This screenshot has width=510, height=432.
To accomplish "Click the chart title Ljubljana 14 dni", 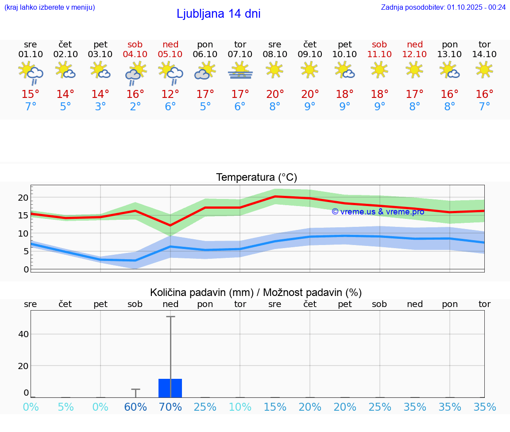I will point(218,14).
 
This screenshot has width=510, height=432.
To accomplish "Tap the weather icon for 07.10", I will point(240,70).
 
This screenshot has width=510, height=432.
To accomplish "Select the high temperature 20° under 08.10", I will point(275,94).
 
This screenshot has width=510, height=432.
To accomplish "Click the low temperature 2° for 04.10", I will point(135,107).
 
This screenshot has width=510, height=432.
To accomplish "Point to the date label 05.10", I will point(170,54).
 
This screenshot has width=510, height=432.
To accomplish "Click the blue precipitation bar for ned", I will point(170,388).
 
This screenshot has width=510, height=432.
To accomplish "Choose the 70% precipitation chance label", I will point(170,407).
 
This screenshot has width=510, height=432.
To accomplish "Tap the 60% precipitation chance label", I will point(135,407).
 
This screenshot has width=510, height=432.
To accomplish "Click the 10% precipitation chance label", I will point(240,407).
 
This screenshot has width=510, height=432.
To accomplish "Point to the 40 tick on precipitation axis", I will point(23,334).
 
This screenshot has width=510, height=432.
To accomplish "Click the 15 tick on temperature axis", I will point(23,215).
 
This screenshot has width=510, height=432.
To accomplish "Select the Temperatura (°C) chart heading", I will point(256,178).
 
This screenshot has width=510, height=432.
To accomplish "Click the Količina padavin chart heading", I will point(256,292).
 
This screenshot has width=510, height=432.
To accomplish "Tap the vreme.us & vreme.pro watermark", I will point(378,211).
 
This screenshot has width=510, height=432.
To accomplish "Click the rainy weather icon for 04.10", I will point(135,73).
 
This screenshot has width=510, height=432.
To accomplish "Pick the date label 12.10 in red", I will point(414,54).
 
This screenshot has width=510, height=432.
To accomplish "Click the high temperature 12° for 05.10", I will point(170,94).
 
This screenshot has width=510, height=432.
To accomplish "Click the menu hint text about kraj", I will point(49,7).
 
